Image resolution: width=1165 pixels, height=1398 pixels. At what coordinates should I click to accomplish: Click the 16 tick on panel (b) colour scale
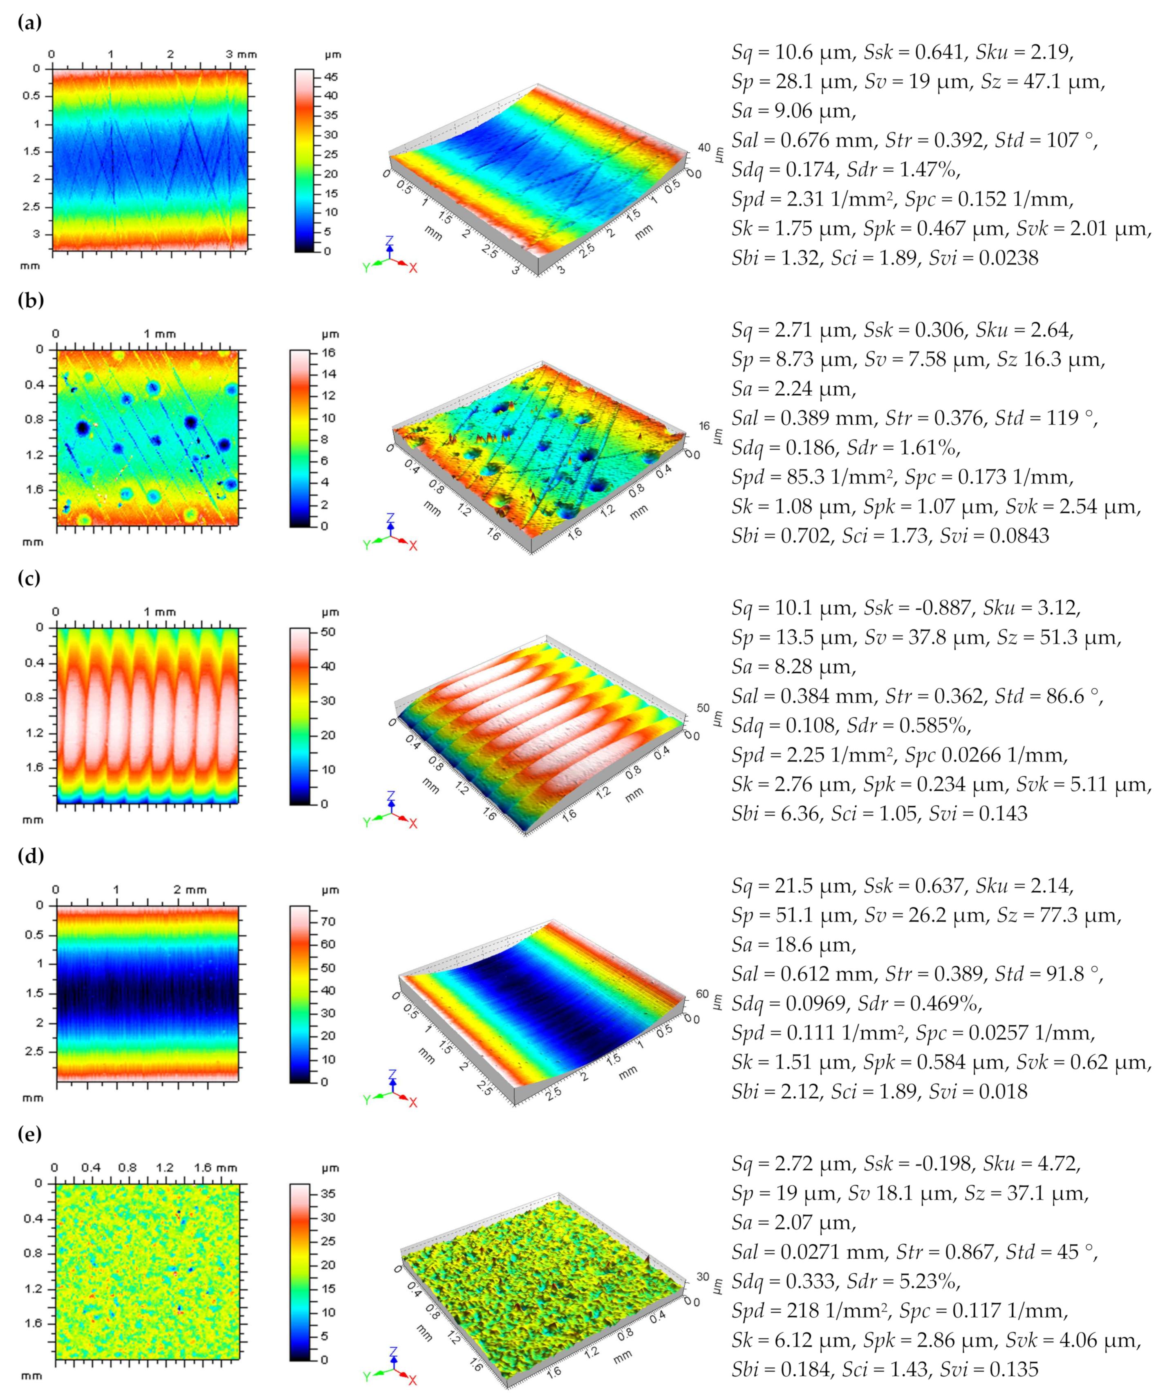pyautogui.click(x=328, y=353)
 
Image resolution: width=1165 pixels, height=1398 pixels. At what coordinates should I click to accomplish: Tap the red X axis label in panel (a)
pyautogui.click(x=413, y=268)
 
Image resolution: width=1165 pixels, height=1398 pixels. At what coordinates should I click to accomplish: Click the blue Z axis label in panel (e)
pyautogui.click(x=393, y=1353)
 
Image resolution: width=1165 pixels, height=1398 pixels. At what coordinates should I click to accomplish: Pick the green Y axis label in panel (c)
pyautogui.click(x=366, y=823)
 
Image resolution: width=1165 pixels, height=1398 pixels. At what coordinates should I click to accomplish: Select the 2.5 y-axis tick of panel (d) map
pyautogui.click(x=35, y=1051)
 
